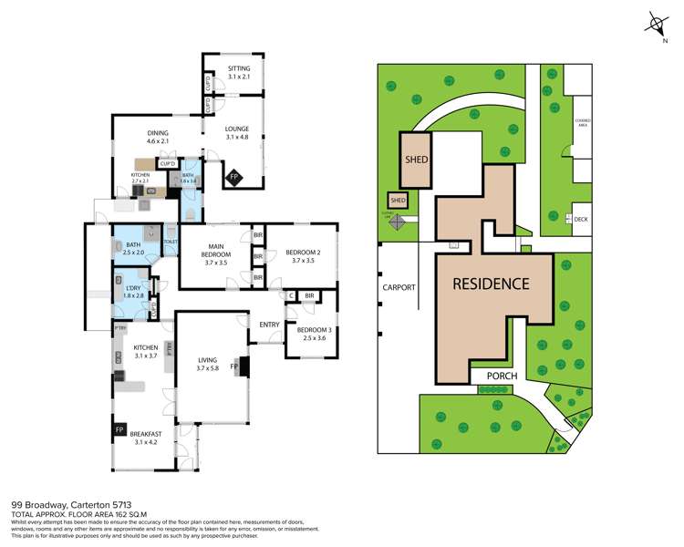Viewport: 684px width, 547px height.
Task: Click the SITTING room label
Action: coord(239,73)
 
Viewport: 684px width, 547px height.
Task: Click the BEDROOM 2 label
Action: coord(303,256)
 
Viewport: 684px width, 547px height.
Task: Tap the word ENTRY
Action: coord(269,325)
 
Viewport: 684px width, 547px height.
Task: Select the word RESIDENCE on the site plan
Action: coord(492,284)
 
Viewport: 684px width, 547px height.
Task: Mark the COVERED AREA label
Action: coord(582,124)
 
